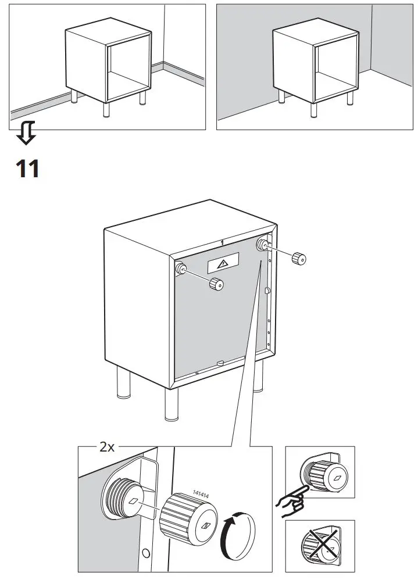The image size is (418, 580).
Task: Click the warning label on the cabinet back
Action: point(223,264)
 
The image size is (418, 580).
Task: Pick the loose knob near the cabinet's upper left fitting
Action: point(217,284)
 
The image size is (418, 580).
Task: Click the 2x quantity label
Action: point(107,447)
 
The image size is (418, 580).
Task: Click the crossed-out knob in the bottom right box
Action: point(321,546)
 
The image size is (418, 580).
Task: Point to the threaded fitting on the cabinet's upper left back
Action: point(181,269)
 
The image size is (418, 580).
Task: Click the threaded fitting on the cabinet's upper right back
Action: point(263,244)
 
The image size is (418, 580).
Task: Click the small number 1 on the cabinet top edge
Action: point(223,241)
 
